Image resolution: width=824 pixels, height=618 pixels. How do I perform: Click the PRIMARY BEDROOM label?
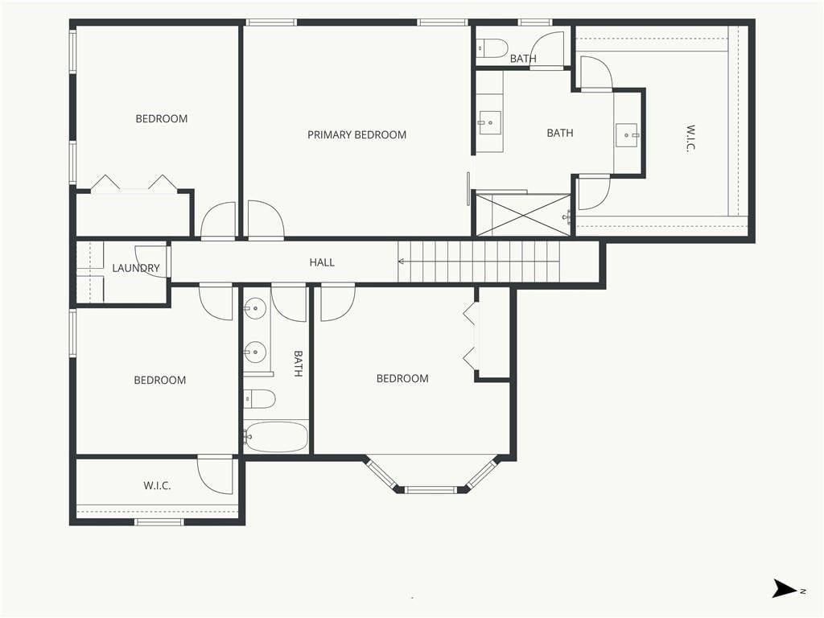[x=356, y=135]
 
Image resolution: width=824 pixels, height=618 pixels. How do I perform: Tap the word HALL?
[x=322, y=262]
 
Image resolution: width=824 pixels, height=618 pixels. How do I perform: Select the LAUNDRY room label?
[x=135, y=268]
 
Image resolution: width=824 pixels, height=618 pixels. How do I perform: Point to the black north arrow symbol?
[x=784, y=588]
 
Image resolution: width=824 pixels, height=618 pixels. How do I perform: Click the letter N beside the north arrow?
[x=802, y=591]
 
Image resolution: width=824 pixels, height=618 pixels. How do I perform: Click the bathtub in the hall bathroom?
[x=276, y=437]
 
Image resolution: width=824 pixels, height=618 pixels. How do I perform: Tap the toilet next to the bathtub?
[x=260, y=399]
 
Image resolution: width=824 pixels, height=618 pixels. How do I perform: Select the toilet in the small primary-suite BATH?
[x=492, y=47]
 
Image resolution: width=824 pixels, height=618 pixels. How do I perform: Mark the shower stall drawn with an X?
[x=523, y=214]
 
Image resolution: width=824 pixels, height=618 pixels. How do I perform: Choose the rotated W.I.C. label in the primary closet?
[x=690, y=138]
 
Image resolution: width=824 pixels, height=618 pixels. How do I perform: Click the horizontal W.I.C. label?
[x=157, y=485]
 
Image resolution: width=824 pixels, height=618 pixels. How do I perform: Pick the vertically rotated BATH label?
[x=298, y=364]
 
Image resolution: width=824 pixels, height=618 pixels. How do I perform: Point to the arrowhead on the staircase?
[x=401, y=262]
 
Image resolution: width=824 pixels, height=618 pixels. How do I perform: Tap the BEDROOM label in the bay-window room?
[x=402, y=378]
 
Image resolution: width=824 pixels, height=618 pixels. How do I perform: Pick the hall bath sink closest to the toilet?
[x=255, y=350]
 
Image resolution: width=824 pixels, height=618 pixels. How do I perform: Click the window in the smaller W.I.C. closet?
[x=159, y=521]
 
